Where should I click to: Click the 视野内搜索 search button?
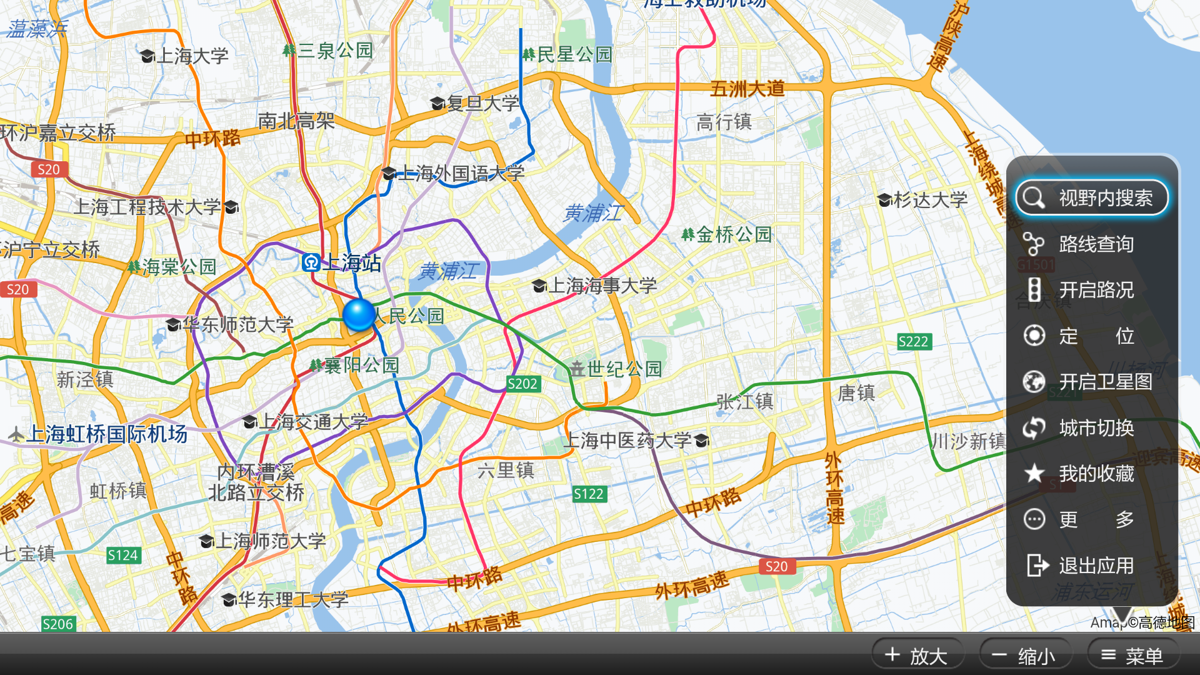[1092, 198]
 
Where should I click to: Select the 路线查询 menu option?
[1092, 244]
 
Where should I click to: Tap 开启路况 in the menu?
[1092, 290]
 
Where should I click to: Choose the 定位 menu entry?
[1092, 336]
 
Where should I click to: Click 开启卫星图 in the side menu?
[1092, 381]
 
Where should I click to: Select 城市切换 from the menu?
[1092, 428]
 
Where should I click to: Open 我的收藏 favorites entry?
[1092, 474]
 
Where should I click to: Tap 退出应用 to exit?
[1092, 566]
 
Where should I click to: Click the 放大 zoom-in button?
[917, 656]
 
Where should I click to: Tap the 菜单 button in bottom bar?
[1132, 656]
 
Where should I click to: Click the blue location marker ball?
[359, 314]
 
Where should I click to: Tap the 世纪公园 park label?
[616, 369]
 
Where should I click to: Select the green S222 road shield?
[914, 342]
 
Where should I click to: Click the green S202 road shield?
[522, 384]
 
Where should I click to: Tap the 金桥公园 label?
[727, 235]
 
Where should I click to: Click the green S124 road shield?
[122, 555]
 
